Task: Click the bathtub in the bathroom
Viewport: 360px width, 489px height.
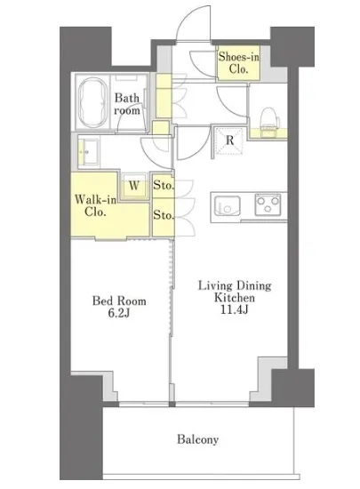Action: click(x=92, y=102)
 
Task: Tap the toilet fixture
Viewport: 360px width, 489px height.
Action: click(x=268, y=121)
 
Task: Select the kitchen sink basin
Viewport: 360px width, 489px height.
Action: click(x=228, y=205)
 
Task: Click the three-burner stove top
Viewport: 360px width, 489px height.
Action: click(x=268, y=204)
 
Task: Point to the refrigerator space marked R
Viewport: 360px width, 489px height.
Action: click(x=229, y=140)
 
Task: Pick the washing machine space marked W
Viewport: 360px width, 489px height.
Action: click(x=134, y=186)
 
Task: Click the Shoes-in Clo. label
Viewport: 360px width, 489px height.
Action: click(x=239, y=63)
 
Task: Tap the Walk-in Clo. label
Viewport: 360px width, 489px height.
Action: click(x=95, y=205)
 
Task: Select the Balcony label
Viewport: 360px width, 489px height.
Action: click(x=197, y=439)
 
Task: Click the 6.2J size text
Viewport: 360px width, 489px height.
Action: click(x=119, y=313)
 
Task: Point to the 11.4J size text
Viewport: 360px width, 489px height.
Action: click(x=234, y=309)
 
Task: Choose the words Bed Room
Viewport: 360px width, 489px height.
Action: click(x=119, y=301)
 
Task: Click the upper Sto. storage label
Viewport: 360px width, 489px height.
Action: click(x=164, y=185)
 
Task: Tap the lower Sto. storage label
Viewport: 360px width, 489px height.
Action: click(x=164, y=214)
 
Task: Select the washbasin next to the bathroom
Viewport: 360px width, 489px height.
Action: click(x=88, y=152)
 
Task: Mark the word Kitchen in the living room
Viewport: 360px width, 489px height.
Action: click(x=235, y=298)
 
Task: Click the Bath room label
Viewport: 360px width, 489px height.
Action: click(x=127, y=104)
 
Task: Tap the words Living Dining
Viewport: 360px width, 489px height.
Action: click(x=235, y=285)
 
